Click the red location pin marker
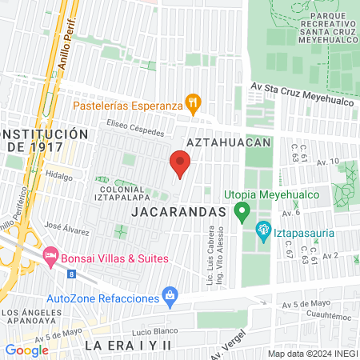180,165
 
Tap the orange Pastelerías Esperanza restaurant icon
192,102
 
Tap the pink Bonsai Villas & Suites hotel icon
50,258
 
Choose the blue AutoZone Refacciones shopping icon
169,295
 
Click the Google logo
26,350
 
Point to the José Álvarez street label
67,229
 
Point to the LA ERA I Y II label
128,345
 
